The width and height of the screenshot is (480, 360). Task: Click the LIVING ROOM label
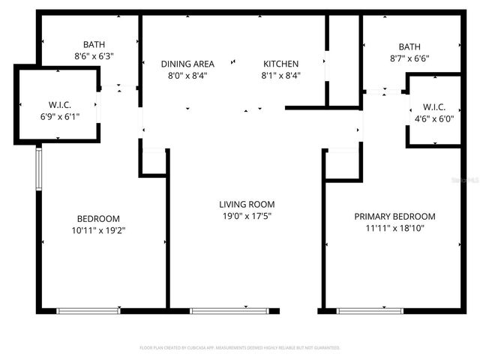click(247, 204)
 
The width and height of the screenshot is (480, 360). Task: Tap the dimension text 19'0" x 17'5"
click(247, 217)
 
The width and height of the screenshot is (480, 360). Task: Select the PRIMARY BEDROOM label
click(394, 217)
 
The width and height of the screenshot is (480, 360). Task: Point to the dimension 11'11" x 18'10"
click(394, 229)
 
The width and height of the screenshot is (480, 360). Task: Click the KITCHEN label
click(280, 64)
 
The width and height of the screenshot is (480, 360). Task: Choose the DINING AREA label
click(187, 64)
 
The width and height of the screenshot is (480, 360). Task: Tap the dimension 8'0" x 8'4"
click(187, 76)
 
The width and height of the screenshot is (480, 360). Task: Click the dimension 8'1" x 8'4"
click(280, 76)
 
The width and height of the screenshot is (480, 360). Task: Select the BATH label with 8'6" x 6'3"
click(94, 45)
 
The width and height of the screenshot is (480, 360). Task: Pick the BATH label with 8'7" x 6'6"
click(409, 46)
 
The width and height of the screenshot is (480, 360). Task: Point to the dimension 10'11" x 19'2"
click(94, 230)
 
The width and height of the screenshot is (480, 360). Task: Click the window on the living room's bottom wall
click(220, 310)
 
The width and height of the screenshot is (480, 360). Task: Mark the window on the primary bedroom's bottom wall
click(370, 310)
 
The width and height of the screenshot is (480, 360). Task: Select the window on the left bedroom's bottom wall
click(88, 310)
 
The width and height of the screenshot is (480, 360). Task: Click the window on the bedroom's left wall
click(39, 169)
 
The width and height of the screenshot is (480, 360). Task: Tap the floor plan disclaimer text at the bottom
click(240, 348)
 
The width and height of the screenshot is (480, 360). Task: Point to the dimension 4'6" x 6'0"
click(433, 118)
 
